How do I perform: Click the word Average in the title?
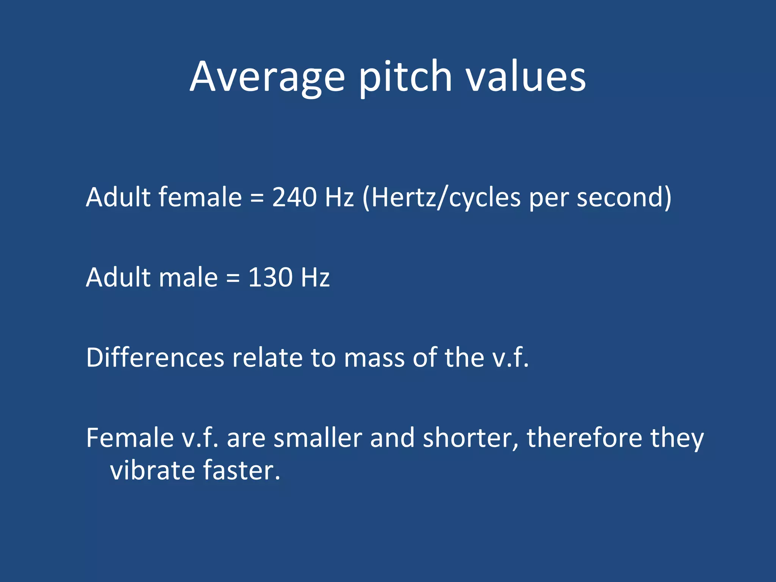click(x=267, y=78)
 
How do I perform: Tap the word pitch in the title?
click(x=405, y=78)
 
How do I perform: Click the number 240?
click(x=294, y=197)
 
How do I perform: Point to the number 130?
click(x=271, y=277)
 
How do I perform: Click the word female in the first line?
click(x=200, y=197)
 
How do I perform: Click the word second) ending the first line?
click(x=624, y=197)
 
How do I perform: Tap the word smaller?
click(x=318, y=438)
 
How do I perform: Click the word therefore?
click(x=585, y=438)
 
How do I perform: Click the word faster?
click(x=241, y=471)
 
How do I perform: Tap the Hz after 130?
click(x=315, y=277)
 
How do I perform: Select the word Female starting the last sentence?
click(x=130, y=438)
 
